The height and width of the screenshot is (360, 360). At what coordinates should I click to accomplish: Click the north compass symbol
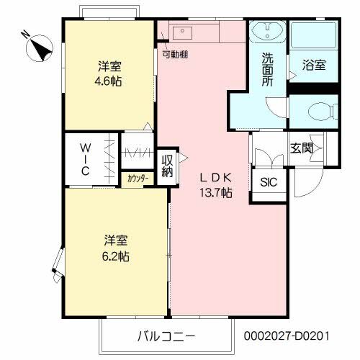pyautogui.click(x=39, y=48)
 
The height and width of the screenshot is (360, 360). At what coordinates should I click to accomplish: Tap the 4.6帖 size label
pyautogui.click(x=109, y=81)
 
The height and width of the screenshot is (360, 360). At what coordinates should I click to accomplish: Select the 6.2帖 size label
pyautogui.click(x=115, y=256)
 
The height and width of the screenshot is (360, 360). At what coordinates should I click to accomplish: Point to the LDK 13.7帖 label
pyautogui.click(x=216, y=185)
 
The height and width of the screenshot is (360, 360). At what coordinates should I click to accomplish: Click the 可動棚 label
pyautogui.click(x=175, y=55)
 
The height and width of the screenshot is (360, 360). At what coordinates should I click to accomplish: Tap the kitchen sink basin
pyautogui.click(x=182, y=33)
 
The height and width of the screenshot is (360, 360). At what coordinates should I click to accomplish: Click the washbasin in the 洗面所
pyautogui.click(x=268, y=31)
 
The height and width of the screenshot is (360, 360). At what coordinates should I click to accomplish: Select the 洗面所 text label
pyautogui.click(x=267, y=69)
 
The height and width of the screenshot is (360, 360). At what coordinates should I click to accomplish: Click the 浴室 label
pyautogui.click(x=314, y=65)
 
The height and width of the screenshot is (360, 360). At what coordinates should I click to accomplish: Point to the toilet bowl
pyautogui.click(x=323, y=111)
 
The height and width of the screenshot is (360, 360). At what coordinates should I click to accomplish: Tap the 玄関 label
pyautogui.click(x=302, y=148)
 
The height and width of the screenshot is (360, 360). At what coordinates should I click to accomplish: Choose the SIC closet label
pyautogui.click(x=269, y=182)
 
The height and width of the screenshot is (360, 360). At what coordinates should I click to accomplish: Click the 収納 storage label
pyautogui.click(x=167, y=166)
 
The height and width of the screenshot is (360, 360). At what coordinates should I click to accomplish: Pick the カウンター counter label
pyautogui.click(x=138, y=179)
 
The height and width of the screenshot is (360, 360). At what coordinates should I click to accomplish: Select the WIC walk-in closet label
pyautogui.click(x=85, y=159)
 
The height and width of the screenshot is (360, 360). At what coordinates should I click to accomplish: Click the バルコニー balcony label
pyautogui.click(x=166, y=336)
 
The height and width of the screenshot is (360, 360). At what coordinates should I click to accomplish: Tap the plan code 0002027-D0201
pyautogui.click(x=287, y=336)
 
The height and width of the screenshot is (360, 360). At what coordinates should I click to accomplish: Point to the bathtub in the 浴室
pyautogui.click(x=314, y=35)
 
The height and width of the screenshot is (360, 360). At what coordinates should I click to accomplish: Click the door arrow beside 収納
pyautogui.click(x=184, y=158)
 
